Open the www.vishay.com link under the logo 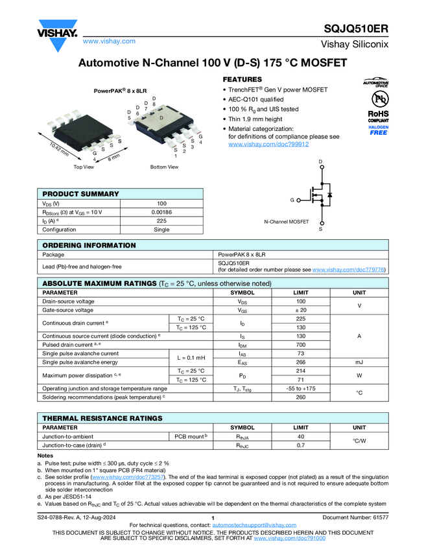109,41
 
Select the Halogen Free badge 379,130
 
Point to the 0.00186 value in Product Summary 161,212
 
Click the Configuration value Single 161,229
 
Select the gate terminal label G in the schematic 292,200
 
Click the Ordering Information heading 89,245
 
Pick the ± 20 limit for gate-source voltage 300,310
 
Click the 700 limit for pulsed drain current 300,345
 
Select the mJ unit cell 359,362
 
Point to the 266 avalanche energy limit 300,362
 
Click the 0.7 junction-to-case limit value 300,445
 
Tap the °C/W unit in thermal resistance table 359,441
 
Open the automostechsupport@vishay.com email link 250,524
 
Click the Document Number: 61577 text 355,517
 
